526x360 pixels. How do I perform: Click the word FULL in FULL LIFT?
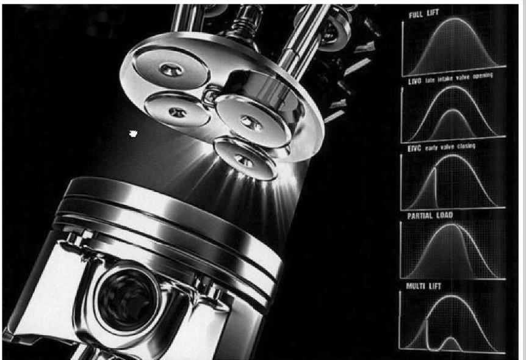[x=416, y=15]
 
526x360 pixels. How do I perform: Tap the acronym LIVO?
[x=414, y=82]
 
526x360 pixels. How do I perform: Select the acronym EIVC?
[x=414, y=148]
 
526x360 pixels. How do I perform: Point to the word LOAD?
[x=445, y=215]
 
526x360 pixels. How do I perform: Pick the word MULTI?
[x=414, y=286]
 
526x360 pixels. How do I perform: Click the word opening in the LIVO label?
[x=483, y=76]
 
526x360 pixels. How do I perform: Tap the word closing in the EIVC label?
[x=466, y=146]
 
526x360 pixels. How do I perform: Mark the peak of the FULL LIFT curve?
[x=454, y=19]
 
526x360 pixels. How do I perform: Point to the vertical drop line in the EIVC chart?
[x=436, y=187]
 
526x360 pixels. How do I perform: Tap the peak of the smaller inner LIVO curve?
[x=453, y=110]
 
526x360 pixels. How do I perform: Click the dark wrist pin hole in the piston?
[x=127, y=299]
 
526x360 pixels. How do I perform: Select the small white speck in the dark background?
[x=133, y=134]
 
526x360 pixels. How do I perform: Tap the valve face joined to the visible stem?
[x=252, y=122]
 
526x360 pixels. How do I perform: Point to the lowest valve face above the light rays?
[x=245, y=159]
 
